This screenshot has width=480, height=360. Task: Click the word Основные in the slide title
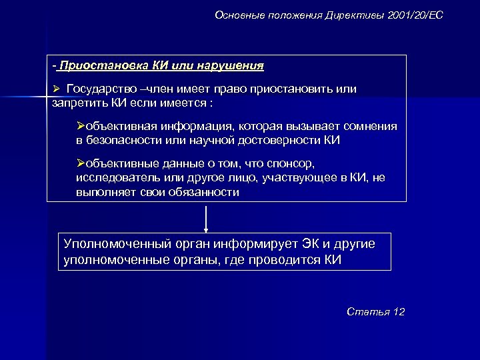click(x=237, y=15)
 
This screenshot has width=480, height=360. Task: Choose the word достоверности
click(x=285, y=141)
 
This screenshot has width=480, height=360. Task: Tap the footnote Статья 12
click(x=376, y=312)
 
